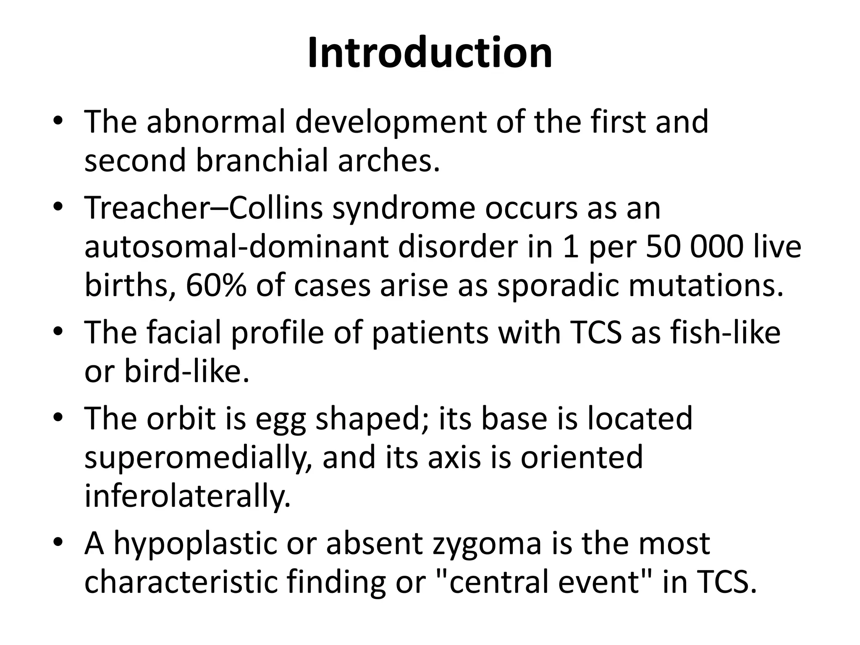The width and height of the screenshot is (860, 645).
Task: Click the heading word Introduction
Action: click(430, 53)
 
